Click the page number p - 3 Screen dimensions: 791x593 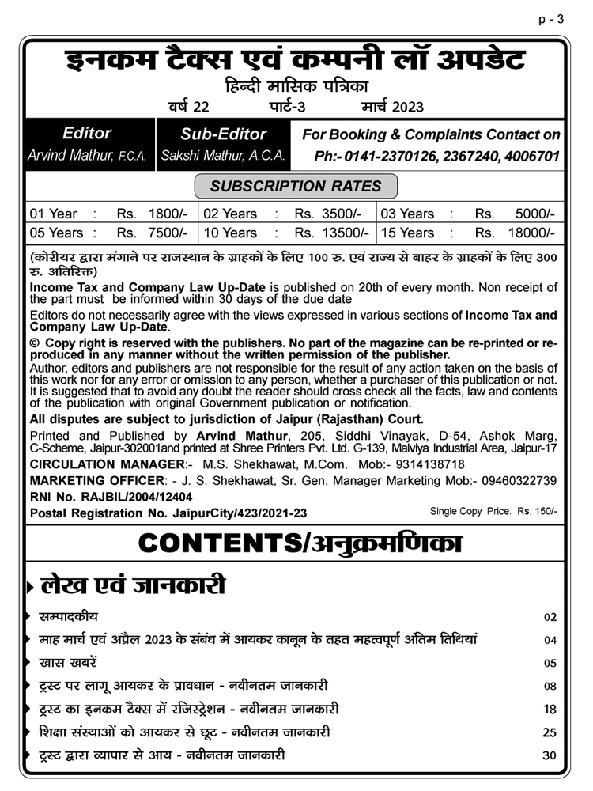[552, 19]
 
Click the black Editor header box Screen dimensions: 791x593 [87, 134]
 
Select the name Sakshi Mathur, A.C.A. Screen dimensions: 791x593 [223, 156]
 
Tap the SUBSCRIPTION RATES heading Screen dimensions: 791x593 [296, 187]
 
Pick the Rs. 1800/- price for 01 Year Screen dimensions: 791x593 [152, 214]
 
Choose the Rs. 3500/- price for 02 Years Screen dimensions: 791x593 [327, 214]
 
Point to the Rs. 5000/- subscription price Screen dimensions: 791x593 [515, 214]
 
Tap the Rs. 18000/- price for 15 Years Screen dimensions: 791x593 [515, 233]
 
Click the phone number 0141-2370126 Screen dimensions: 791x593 [394, 157]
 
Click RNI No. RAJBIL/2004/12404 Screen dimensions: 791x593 [111, 497]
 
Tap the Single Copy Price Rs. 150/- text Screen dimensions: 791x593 [493, 511]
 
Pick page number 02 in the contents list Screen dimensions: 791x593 [550, 617]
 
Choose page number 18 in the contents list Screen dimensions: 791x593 [550, 709]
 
